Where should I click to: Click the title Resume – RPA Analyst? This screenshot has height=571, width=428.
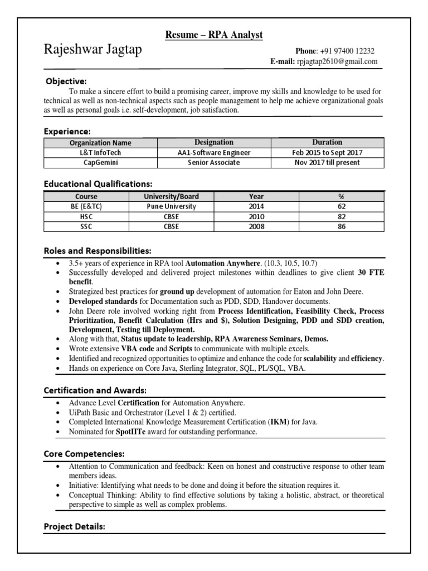click(x=213, y=35)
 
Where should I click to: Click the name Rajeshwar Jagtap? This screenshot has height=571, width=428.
click(x=93, y=50)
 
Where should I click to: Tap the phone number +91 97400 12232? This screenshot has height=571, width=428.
click(x=348, y=50)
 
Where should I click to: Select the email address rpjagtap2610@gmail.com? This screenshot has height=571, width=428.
click(x=337, y=61)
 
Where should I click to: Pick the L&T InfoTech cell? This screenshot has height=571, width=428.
click(x=100, y=152)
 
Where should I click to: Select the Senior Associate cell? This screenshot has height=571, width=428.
click(x=214, y=162)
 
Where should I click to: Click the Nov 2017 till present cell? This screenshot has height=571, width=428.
click(x=327, y=162)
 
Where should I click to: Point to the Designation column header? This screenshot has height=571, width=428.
click(x=214, y=142)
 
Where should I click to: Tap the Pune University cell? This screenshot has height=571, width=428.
click(x=171, y=206)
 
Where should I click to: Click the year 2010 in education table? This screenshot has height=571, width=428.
click(x=257, y=216)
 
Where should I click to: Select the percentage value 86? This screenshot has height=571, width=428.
click(x=341, y=226)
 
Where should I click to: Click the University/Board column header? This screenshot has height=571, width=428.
click(x=171, y=196)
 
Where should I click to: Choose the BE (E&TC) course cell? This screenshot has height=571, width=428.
click(x=86, y=206)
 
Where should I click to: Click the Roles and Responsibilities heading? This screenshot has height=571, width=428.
click(x=98, y=250)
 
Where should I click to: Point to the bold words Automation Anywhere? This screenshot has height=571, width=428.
click(x=222, y=263)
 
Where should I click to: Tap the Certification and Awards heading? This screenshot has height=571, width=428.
click(x=95, y=390)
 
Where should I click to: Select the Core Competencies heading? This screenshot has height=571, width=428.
click(x=84, y=453)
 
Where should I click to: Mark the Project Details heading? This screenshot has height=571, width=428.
click(x=74, y=526)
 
